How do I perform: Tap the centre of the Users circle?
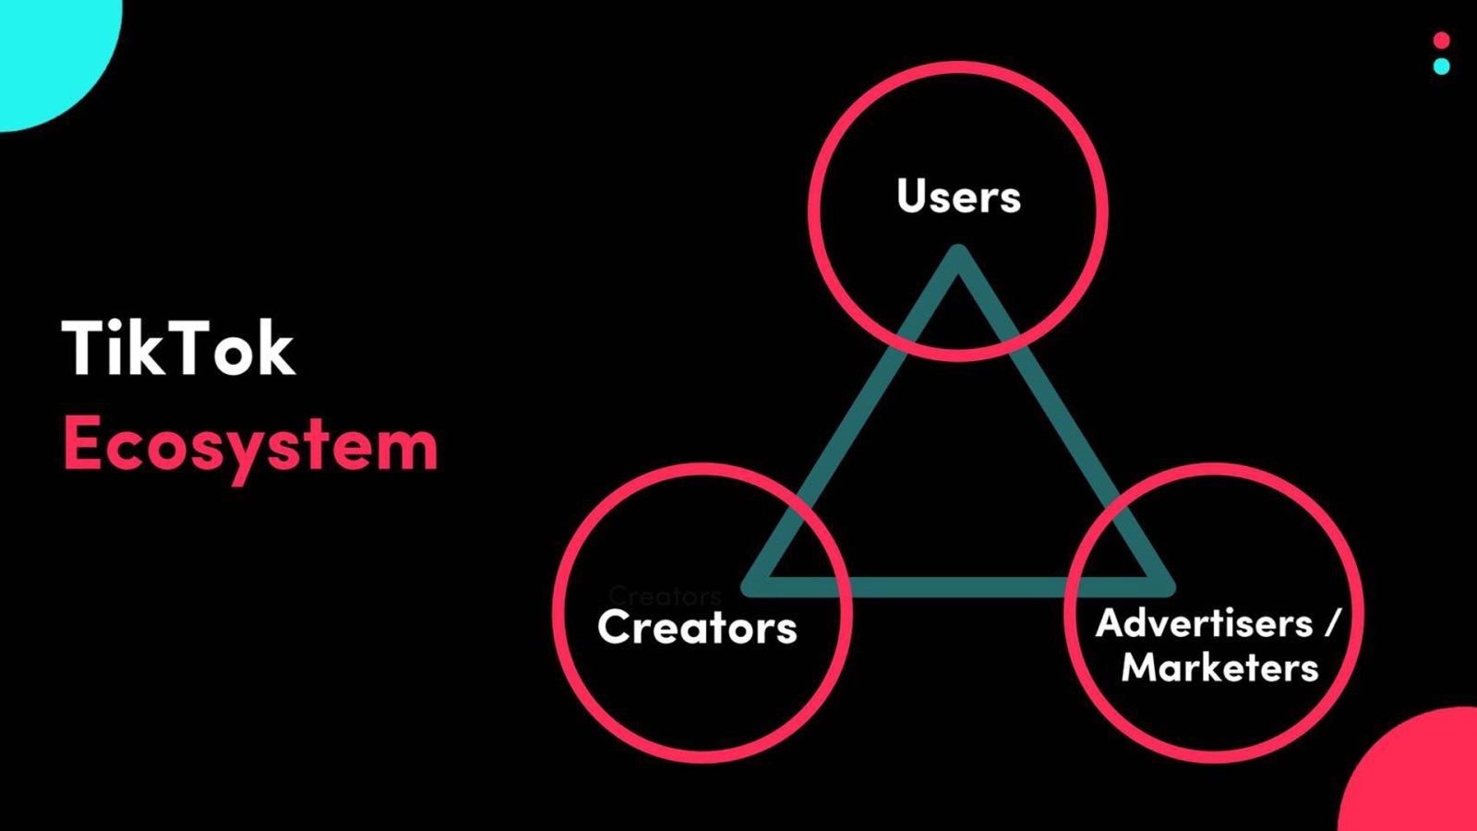[958, 211]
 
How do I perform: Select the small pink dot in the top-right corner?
[1442, 41]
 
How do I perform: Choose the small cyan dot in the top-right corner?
[1442, 66]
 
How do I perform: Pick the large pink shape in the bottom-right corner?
[1418, 775]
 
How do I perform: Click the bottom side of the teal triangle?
[958, 587]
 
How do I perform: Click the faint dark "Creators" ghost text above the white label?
[665, 596]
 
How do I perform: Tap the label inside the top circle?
[959, 196]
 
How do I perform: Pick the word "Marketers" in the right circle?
[1219, 667]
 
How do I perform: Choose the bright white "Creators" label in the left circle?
[697, 627]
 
